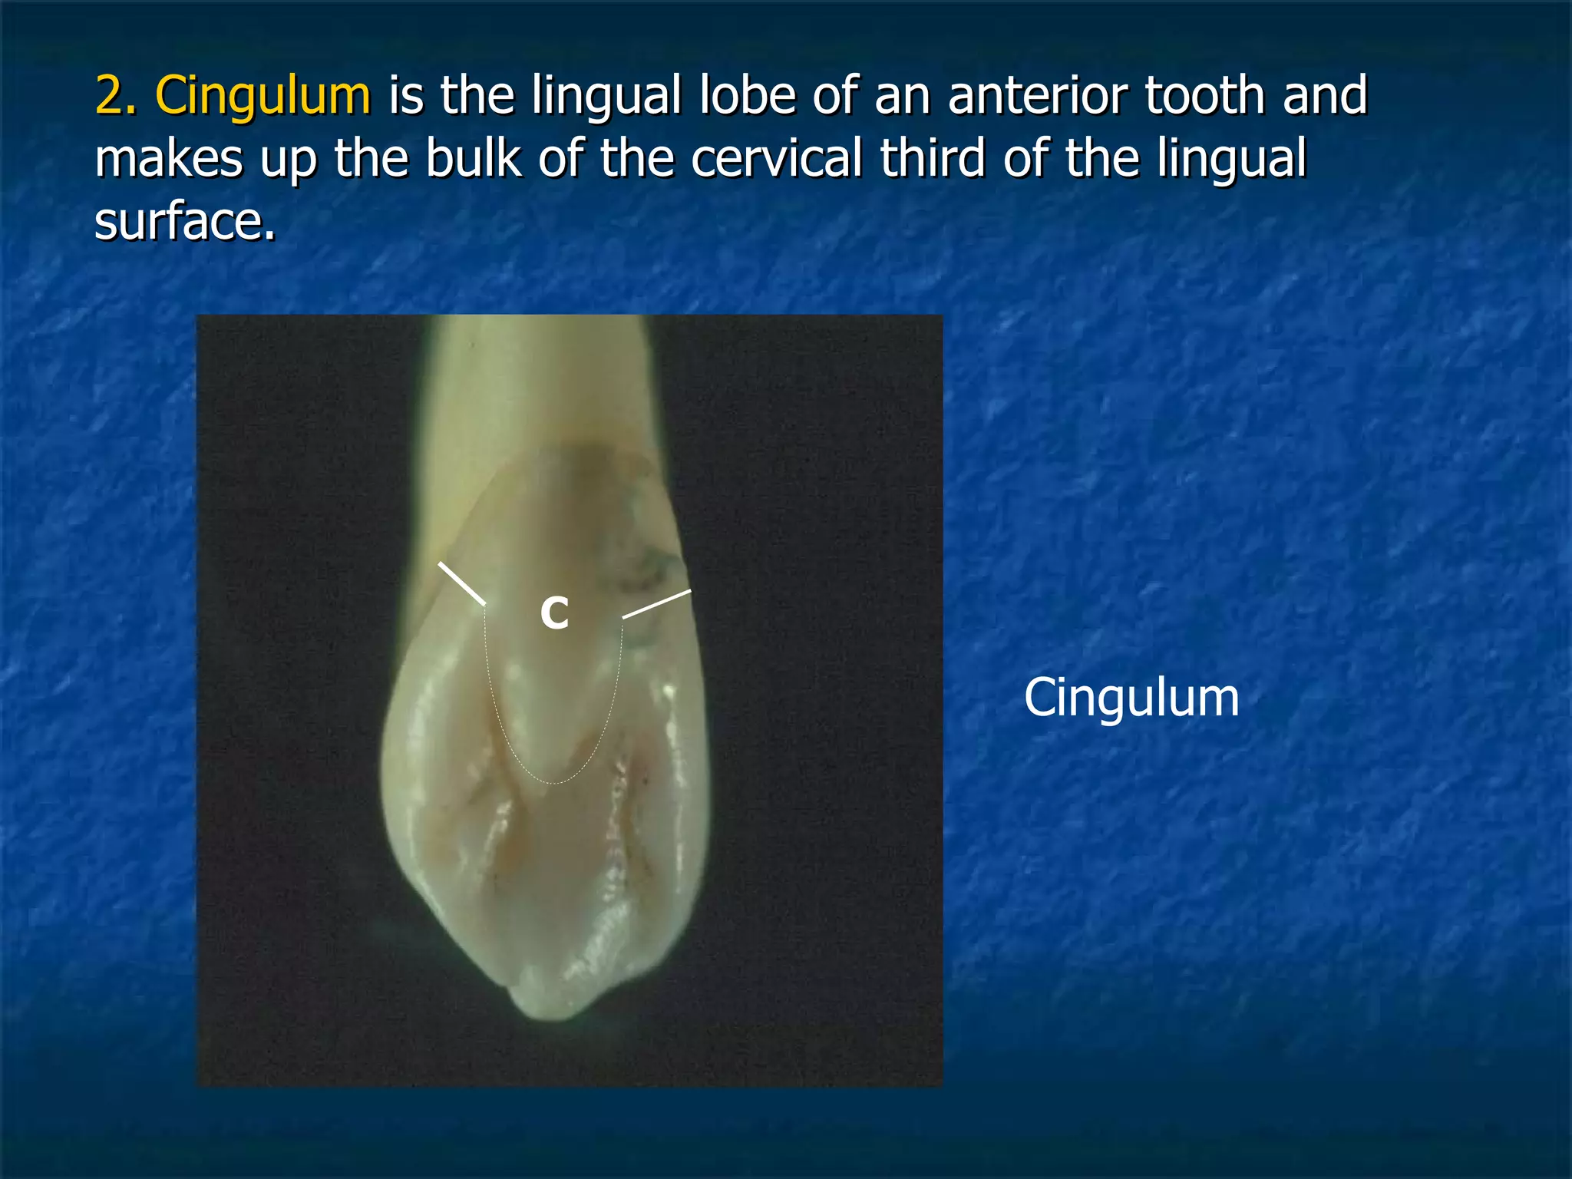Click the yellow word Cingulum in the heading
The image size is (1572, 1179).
pos(263,96)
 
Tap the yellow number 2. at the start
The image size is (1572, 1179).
pos(116,96)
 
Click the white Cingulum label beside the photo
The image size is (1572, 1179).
pos(1131,698)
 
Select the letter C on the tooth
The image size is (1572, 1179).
pos(554,613)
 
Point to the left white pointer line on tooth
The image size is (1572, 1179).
pos(461,583)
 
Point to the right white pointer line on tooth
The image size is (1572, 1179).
pos(656,604)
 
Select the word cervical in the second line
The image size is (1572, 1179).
pos(776,159)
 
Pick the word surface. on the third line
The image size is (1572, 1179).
pos(184,222)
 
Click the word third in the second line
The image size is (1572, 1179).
pos(931,159)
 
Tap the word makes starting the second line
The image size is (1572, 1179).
pos(168,159)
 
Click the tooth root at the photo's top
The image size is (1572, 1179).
pos(537,376)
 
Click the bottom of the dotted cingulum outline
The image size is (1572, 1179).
pos(554,782)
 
